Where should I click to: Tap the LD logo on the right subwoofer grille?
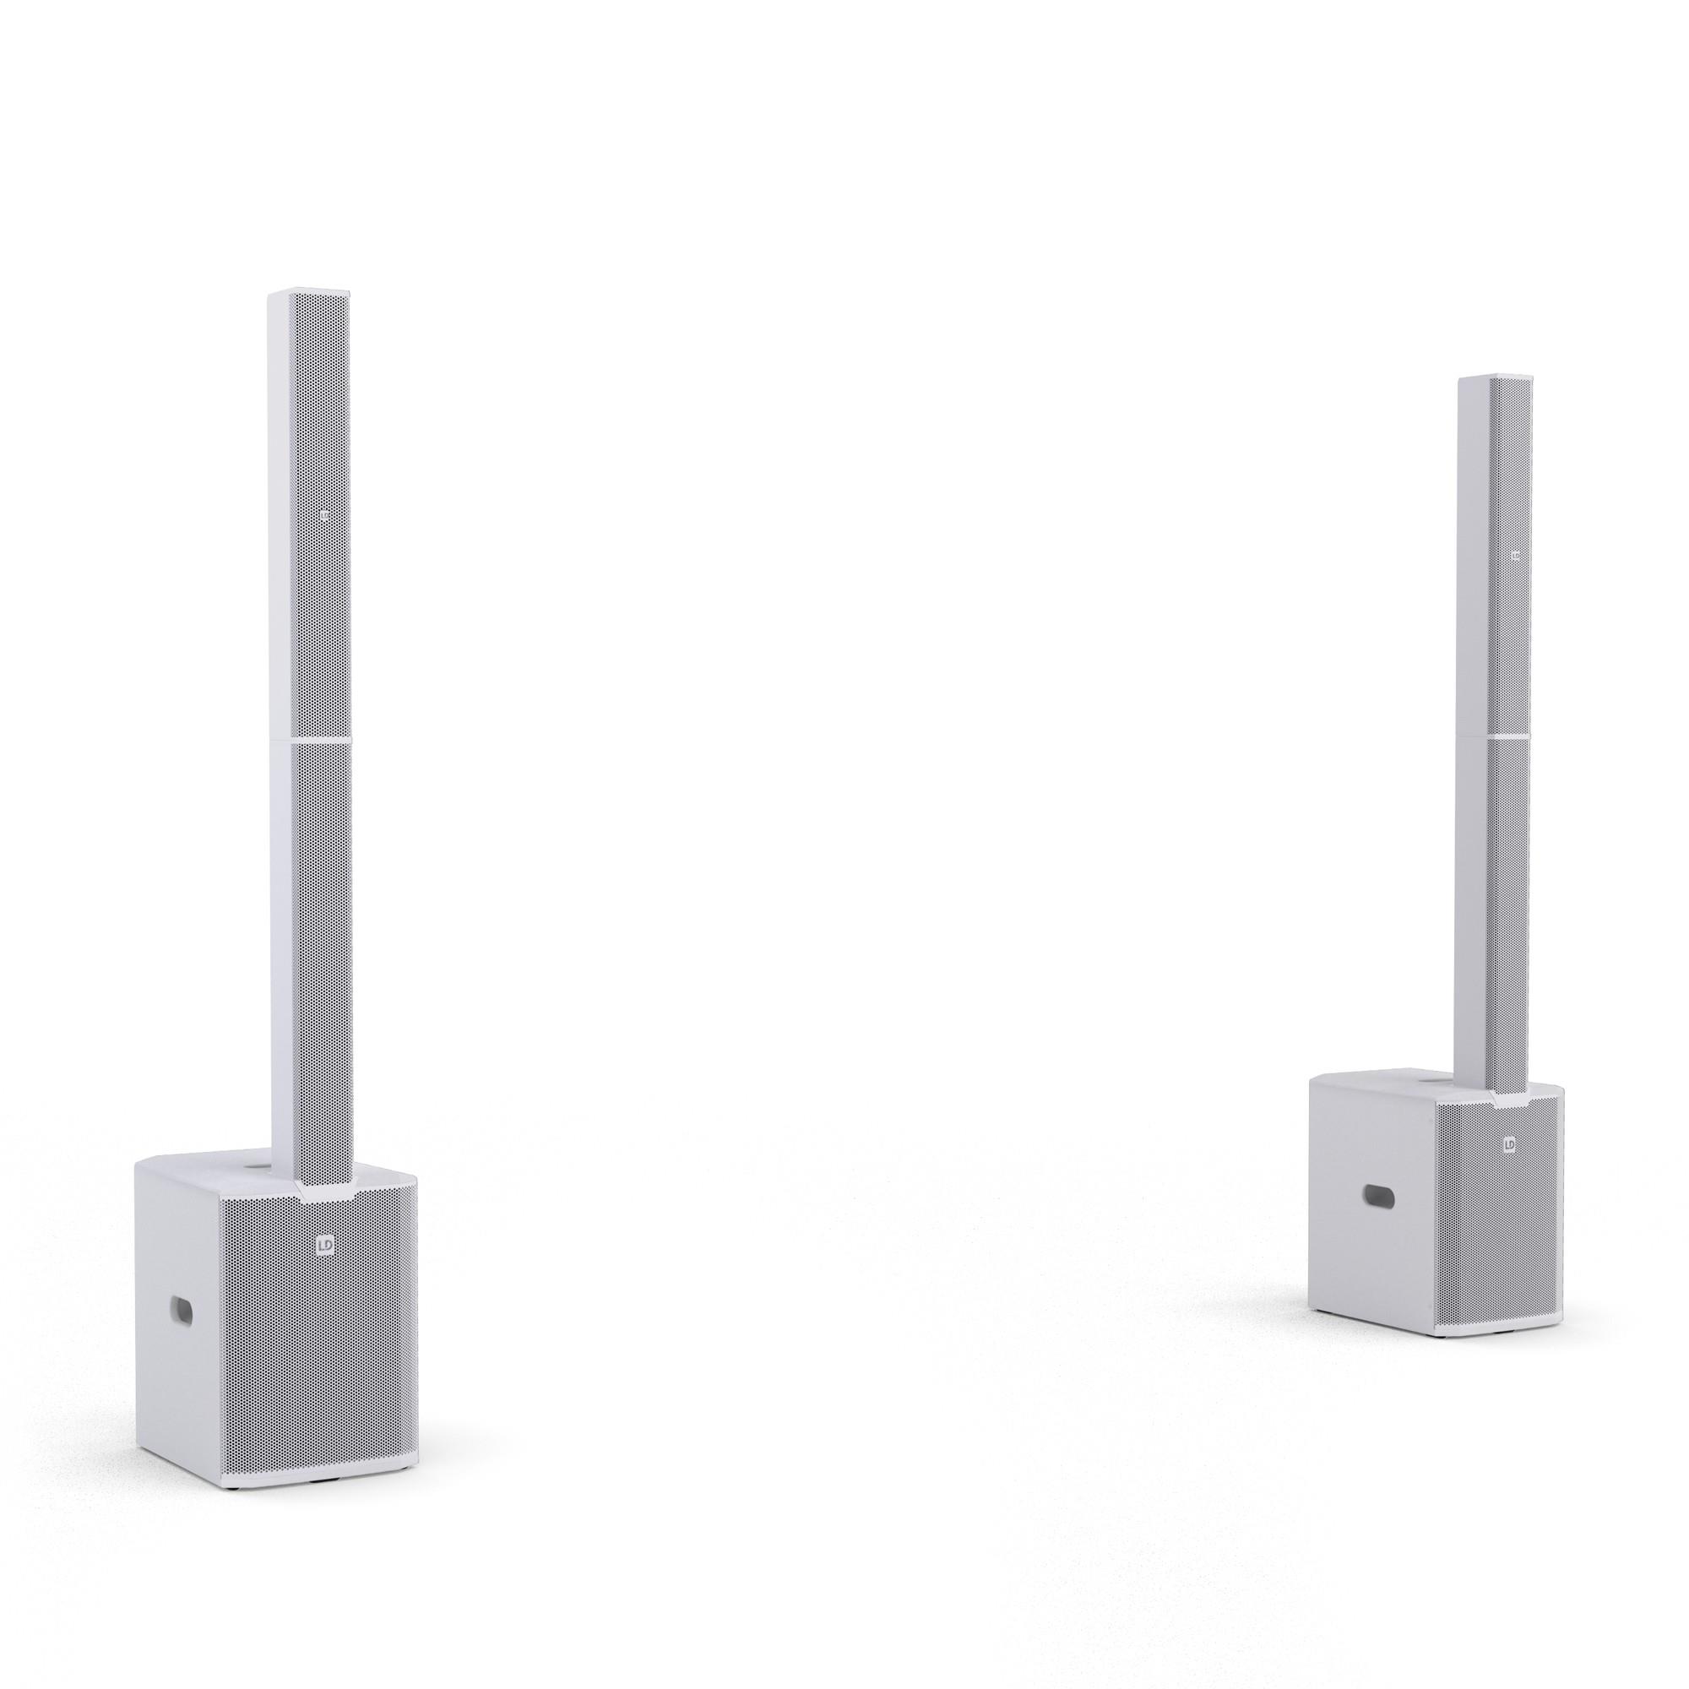(1509, 1143)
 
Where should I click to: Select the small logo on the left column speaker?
(326, 518)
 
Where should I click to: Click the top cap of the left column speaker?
(310, 294)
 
